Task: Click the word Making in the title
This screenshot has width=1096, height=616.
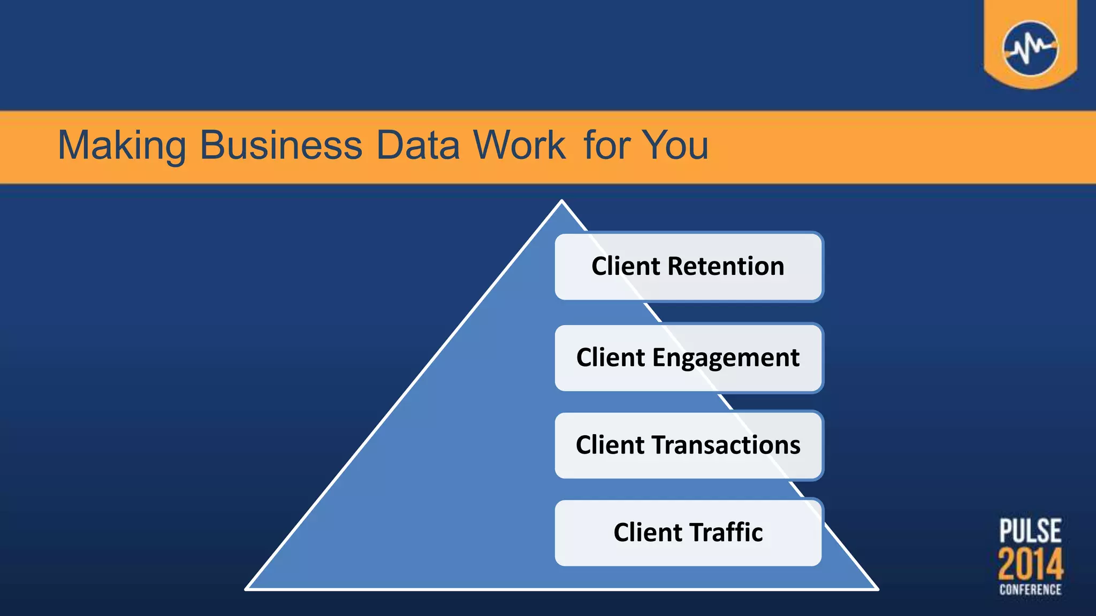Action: click(121, 145)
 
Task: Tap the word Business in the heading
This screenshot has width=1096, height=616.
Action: click(281, 145)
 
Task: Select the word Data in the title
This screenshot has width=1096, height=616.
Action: click(418, 145)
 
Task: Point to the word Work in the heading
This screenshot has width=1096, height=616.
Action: click(519, 145)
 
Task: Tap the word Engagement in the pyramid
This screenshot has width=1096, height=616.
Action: click(726, 358)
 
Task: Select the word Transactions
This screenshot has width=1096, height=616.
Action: click(726, 445)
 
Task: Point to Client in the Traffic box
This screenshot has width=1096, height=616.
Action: click(648, 533)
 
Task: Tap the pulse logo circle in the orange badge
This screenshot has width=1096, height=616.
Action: click(1030, 49)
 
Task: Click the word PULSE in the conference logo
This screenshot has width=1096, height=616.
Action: click(1030, 530)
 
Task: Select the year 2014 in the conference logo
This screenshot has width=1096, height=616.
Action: click(1030, 564)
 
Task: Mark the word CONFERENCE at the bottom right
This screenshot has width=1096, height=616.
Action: click(1030, 590)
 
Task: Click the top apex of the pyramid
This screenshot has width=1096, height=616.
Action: click(561, 202)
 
